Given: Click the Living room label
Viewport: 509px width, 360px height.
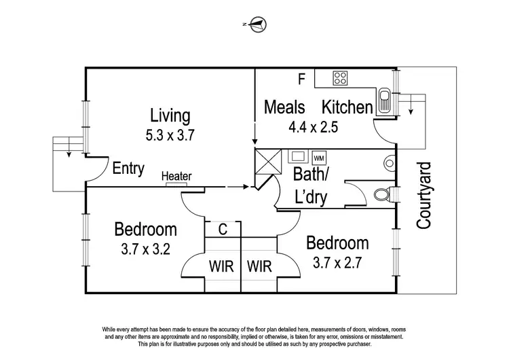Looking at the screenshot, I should coord(170,115).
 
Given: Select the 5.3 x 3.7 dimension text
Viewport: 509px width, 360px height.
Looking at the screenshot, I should coord(170,134).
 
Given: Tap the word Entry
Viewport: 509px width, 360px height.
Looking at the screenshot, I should coord(128,168).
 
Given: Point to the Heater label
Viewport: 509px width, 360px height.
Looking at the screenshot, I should coord(176,177).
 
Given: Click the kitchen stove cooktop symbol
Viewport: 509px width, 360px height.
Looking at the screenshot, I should coord(339,78).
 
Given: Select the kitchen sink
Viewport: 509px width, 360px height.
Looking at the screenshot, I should coord(384,100).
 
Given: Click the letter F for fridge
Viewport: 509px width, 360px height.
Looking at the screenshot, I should coord(302,79).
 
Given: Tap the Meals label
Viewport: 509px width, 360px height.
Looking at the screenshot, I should coord(284,107).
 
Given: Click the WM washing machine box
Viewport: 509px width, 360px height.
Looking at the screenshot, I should coord(319,157).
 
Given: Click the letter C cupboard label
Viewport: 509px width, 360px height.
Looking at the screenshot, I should coord(222,230).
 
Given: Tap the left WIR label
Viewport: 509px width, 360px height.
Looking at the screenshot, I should coord(222,265).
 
